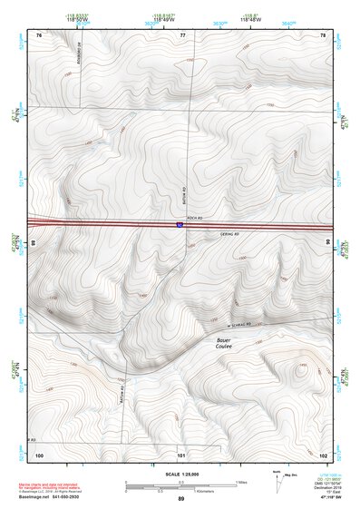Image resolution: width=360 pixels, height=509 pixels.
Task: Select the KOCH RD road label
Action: coord(191,229)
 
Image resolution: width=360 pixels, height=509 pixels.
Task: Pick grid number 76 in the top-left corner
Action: coord(39,34)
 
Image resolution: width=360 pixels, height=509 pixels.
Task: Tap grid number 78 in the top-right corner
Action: coord(323,34)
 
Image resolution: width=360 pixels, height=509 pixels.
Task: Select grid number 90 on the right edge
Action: coord(327,243)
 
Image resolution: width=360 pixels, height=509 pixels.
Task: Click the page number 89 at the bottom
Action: coord(180,499)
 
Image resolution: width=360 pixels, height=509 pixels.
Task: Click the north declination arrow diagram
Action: coord(279,479)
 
